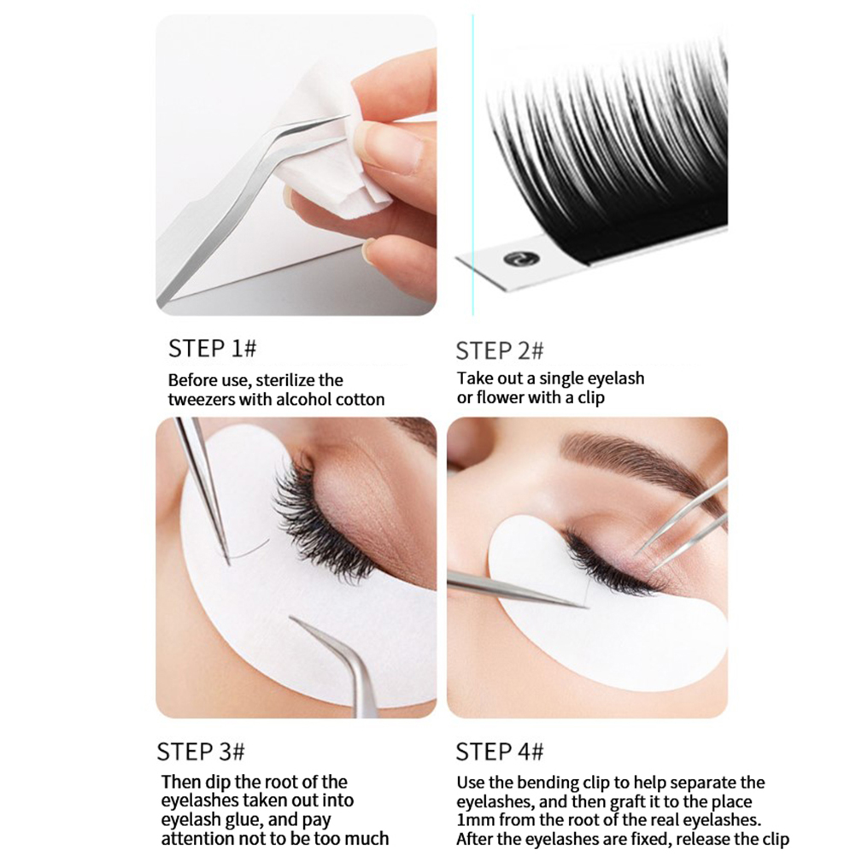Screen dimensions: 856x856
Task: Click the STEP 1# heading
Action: pos(213,349)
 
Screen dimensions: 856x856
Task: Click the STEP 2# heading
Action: pos(500,350)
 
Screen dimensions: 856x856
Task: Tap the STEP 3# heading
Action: pos(201,752)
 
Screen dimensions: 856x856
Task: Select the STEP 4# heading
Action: pos(500,752)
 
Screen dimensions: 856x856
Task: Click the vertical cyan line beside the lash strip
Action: pos(472,165)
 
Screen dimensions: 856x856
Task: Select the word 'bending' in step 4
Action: pos(547,783)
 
